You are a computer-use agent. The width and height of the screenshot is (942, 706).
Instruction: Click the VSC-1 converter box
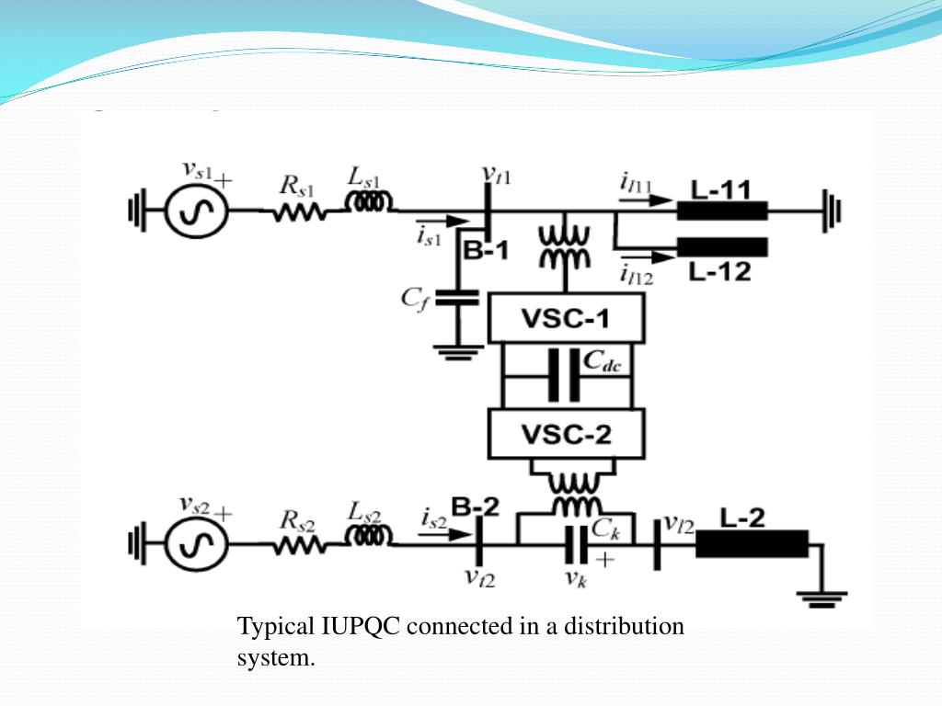[566, 320]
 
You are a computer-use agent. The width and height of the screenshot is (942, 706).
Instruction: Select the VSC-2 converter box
[566, 434]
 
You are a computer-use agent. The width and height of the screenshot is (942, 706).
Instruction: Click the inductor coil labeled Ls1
[370, 201]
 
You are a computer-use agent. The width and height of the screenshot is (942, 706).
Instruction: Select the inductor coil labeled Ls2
[370, 535]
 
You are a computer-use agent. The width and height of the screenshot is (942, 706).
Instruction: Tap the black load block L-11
[722, 211]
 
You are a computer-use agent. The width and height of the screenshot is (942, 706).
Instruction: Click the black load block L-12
[722, 247]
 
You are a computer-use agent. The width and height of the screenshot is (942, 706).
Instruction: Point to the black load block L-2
[752, 544]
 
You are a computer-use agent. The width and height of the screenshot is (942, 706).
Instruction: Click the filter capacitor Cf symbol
[456, 298]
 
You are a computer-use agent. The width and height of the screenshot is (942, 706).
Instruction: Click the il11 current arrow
[635, 200]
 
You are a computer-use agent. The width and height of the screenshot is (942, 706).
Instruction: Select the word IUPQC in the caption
[360, 627]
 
